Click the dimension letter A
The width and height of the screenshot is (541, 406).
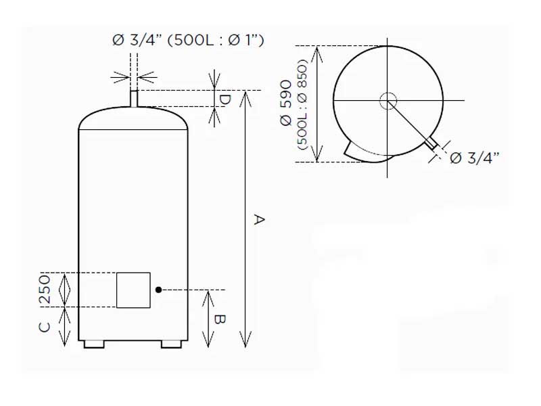click(x=258, y=219)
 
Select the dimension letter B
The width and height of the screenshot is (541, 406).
click(x=220, y=319)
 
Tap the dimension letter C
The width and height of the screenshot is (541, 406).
click(x=43, y=327)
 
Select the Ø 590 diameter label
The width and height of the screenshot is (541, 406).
click(x=286, y=103)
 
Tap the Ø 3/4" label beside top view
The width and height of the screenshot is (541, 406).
click(x=474, y=158)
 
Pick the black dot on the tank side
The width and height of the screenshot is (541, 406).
click(x=158, y=290)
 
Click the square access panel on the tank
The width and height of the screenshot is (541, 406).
click(x=133, y=290)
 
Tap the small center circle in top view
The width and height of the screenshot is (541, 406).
click(x=387, y=101)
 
